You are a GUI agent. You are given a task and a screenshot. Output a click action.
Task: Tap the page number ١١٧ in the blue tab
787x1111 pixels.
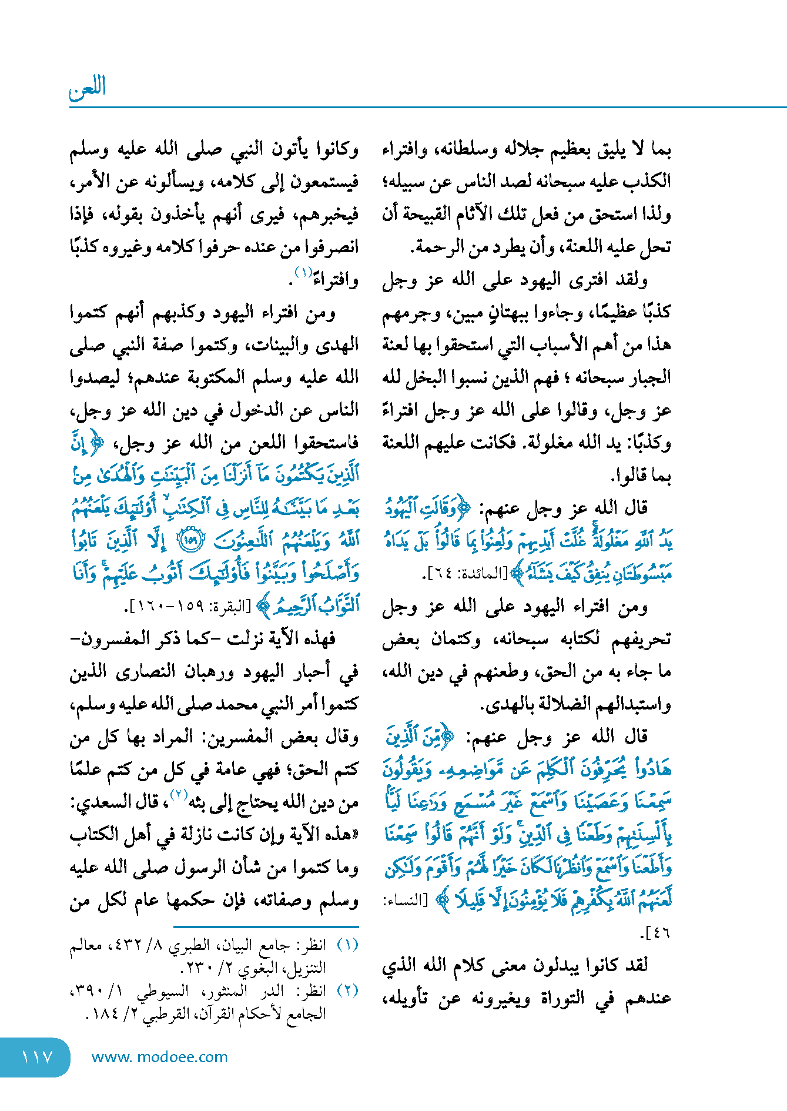[x=37, y=1057]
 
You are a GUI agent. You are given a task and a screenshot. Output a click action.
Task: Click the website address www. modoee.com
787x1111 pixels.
[x=159, y=1057]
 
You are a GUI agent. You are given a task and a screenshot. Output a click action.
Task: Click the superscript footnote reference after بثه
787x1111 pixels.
[x=179, y=796]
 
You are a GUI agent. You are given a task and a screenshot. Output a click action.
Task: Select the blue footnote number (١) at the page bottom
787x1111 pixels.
[x=347, y=945]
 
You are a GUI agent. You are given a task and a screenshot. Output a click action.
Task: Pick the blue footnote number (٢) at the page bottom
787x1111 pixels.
[x=347, y=990]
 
